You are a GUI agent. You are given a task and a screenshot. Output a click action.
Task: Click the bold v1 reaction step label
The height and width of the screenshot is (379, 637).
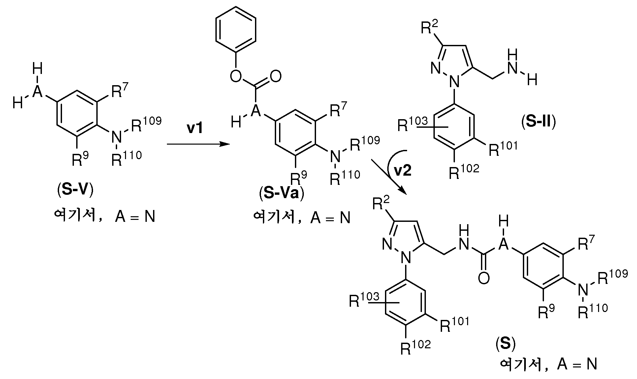(195, 128)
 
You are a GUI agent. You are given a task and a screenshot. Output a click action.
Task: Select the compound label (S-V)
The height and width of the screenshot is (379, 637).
(75, 191)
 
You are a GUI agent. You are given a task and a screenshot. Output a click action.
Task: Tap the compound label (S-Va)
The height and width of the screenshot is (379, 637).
(281, 194)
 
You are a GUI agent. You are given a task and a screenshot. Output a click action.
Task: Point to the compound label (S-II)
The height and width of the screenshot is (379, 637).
(539, 122)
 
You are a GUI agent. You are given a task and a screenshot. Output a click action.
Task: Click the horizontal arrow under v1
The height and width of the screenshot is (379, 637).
(198, 144)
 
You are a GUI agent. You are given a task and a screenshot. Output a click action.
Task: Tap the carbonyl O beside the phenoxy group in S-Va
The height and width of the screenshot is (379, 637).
(275, 77)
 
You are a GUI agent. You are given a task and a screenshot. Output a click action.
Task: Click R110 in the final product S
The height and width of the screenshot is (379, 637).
(593, 311)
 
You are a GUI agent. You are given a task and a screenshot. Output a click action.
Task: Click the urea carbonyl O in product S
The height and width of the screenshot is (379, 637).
(483, 279)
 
